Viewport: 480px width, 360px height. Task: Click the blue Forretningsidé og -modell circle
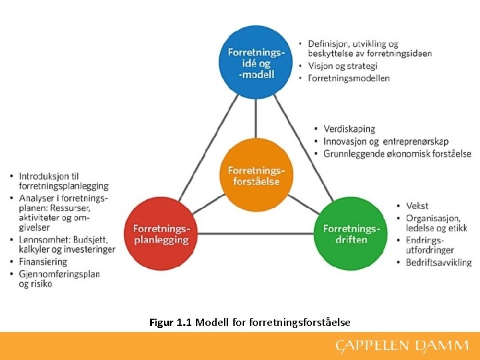(x=257, y=62)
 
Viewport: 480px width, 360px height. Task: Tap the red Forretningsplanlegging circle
(x=161, y=234)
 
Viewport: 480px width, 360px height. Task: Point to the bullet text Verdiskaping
(x=349, y=129)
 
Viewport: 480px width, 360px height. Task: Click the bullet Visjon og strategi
(x=342, y=65)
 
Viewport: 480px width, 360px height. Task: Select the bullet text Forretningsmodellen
(x=349, y=78)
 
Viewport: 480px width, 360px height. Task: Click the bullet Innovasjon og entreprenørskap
(x=385, y=141)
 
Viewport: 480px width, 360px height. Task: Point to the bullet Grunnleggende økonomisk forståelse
(x=397, y=153)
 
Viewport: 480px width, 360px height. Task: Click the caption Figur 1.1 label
(x=171, y=323)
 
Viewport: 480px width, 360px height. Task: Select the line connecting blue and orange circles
(x=257, y=119)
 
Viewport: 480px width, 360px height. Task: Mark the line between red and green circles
(x=257, y=234)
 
